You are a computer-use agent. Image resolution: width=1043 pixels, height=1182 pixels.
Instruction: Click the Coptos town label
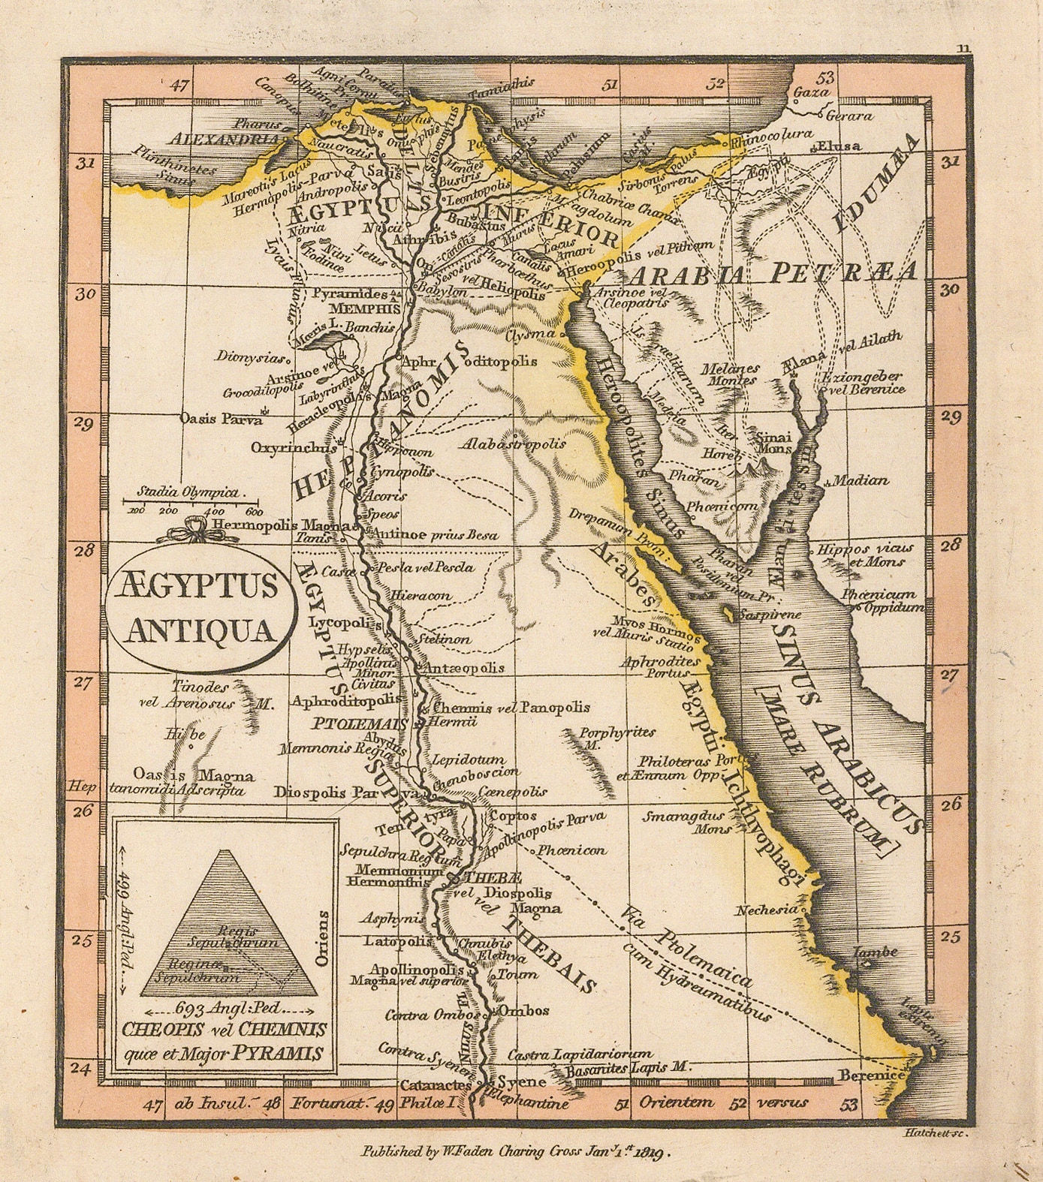click(x=513, y=816)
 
